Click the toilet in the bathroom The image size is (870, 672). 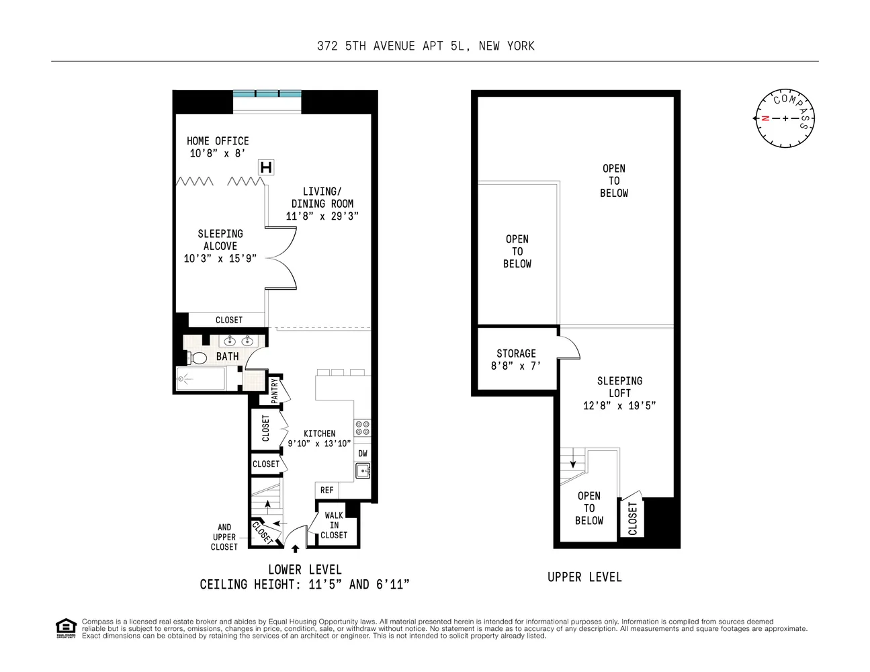[197, 358]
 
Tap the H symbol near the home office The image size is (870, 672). [266, 167]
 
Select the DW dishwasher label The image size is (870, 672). [362, 454]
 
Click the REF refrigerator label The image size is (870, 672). [327, 490]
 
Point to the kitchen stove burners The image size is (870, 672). [362, 428]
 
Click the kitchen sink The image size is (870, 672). [362, 470]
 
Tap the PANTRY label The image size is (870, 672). [275, 391]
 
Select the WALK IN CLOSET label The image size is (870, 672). [334, 525]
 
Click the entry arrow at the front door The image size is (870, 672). [295, 549]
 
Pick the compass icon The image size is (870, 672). [785, 118]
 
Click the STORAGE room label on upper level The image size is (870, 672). [516, 353]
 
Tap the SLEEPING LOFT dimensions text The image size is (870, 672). [619, 405]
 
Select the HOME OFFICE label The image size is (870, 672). [218, 140]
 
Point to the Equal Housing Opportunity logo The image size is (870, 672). [65, 628]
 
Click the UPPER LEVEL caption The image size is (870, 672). [584, 577]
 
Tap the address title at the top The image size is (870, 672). [426, 46]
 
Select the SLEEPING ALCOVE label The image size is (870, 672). [220, 240]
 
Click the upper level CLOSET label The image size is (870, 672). [632, 518]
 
